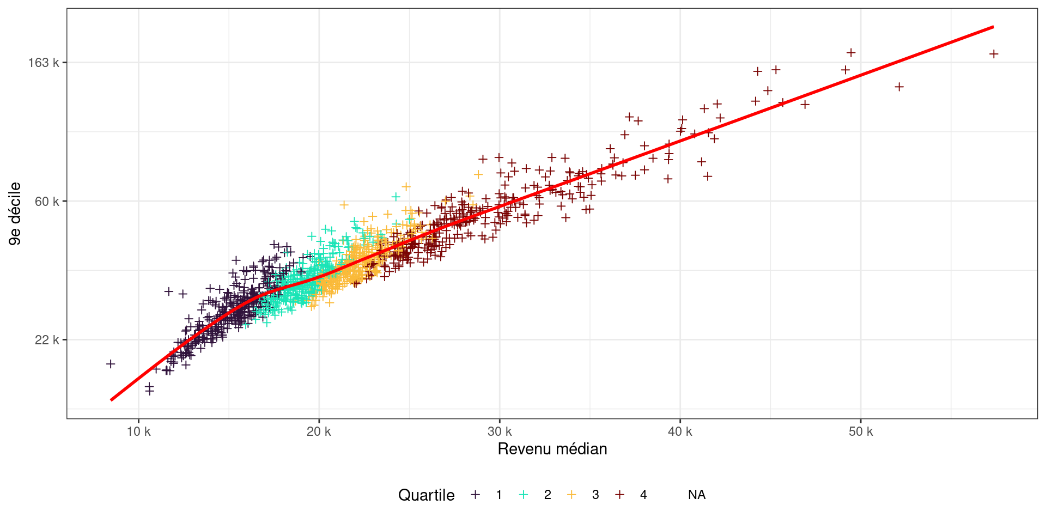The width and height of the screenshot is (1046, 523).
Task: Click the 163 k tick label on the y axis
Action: tap(43, 63)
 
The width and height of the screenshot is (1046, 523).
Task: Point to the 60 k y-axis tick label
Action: tap(46, 202)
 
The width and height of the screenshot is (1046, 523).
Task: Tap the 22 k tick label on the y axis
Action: tap(46, 340)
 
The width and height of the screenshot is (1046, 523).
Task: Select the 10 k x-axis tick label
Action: tap(138, 432)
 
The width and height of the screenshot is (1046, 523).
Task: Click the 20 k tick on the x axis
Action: tap(319, 432)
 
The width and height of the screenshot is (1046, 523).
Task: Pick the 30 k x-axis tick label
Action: tap(500, 432)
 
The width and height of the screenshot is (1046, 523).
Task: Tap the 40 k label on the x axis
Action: tap(680, 432)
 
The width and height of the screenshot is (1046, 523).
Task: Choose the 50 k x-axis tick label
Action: tap(861, 432)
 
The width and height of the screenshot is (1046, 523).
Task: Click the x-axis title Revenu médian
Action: tap(552, 449)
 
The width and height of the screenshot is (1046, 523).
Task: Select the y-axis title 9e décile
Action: tap(15, 214)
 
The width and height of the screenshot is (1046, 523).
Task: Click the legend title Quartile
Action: tap(426, 495)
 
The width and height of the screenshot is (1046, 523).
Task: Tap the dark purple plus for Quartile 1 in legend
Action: tap(476, 495)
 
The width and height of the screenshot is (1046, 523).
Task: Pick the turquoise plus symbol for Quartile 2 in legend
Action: tap(524, 495)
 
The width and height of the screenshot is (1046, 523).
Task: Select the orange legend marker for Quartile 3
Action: tap(571, 495)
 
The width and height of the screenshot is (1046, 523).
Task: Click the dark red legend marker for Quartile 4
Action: tap(619, 495)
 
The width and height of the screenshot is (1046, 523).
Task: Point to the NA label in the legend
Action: tap(697, 495)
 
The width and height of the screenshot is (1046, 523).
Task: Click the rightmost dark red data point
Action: tap(994, 54)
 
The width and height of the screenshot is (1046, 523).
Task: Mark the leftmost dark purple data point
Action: tap(111, 363)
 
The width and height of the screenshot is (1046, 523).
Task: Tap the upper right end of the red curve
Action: tap(993, 27)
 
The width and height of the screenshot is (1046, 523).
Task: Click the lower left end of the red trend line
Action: tap(111, 400)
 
